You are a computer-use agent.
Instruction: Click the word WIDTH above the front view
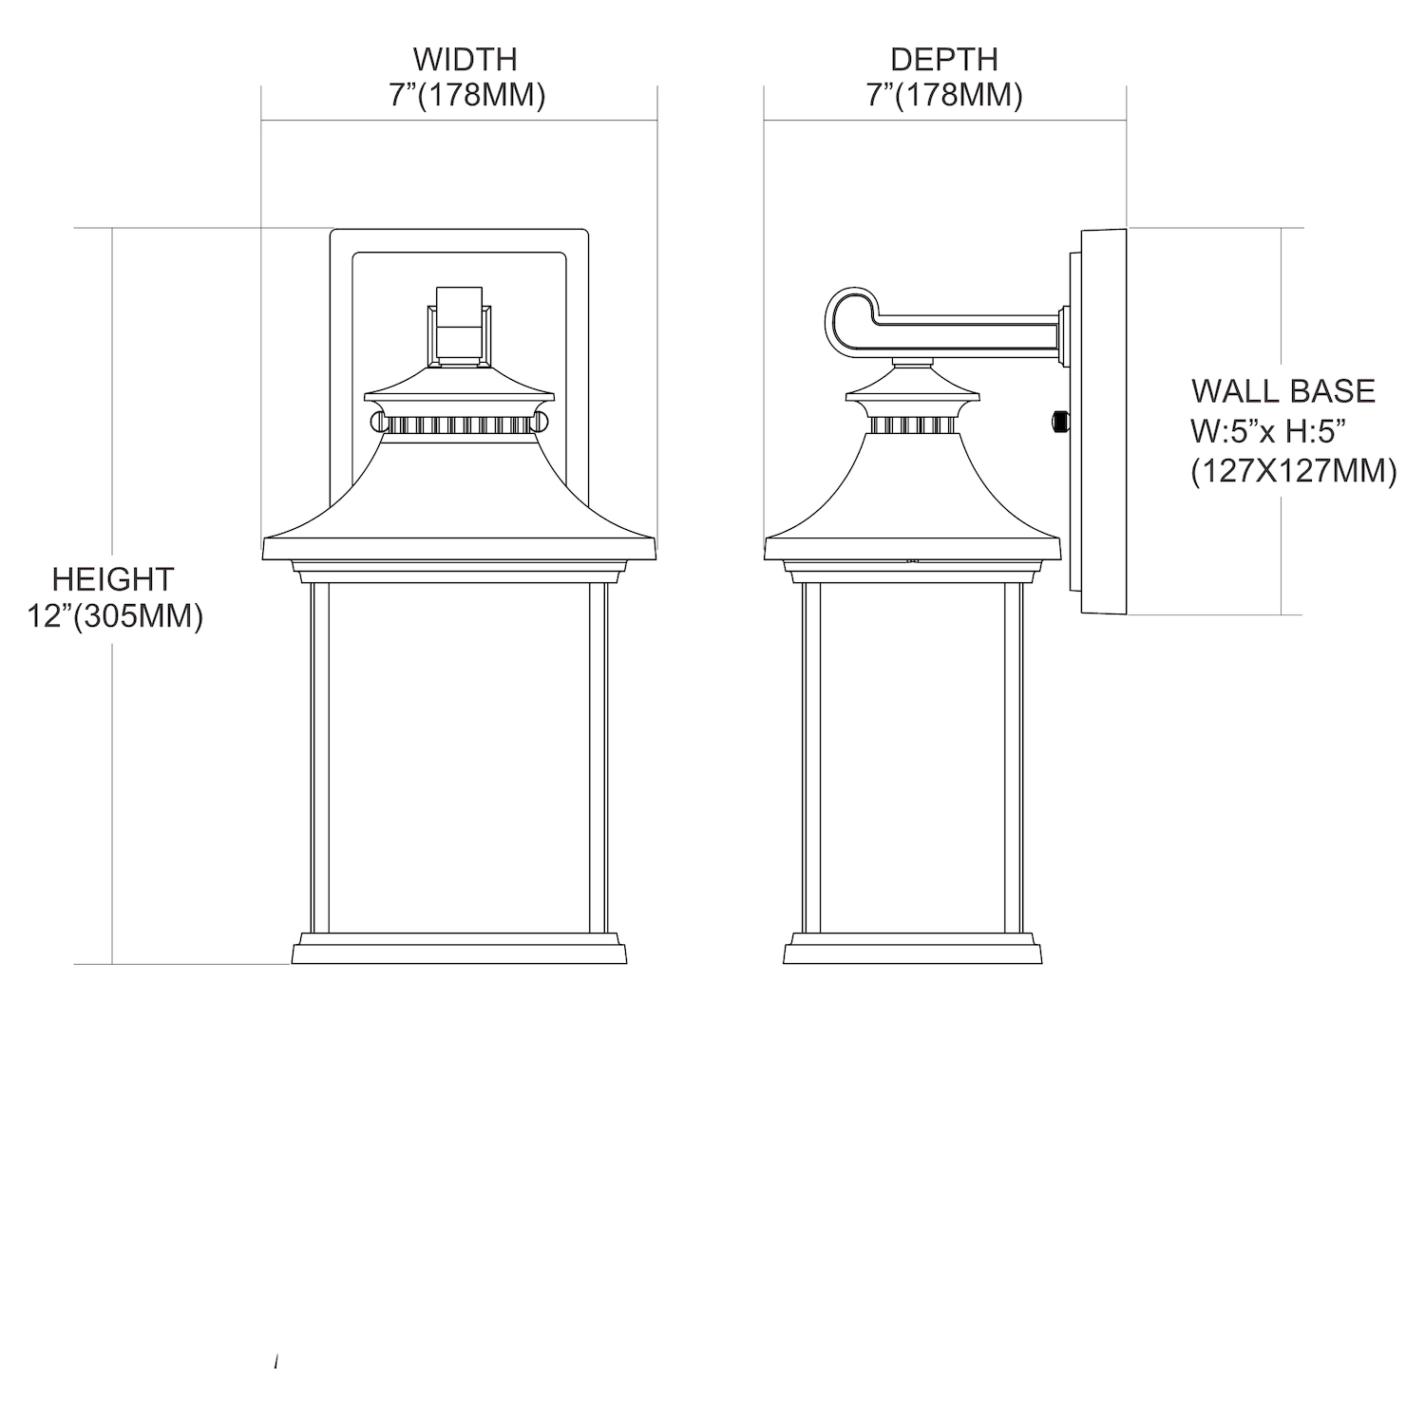(465, 59)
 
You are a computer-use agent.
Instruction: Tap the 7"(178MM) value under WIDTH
(466, 96)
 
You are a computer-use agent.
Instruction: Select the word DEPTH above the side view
(944, 59)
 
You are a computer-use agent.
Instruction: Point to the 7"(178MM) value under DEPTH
(944, 96)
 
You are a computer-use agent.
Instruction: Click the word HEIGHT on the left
(113, 578)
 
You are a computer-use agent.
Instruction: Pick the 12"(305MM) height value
(115, 616)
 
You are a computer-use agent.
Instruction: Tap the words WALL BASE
(1283, 390)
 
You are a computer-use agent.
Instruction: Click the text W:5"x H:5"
(1270, 431)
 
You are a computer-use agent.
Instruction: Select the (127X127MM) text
(1294, 470)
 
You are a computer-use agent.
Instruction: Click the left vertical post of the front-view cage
(319, 757)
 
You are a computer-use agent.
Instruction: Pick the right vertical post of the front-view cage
(598, 757)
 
